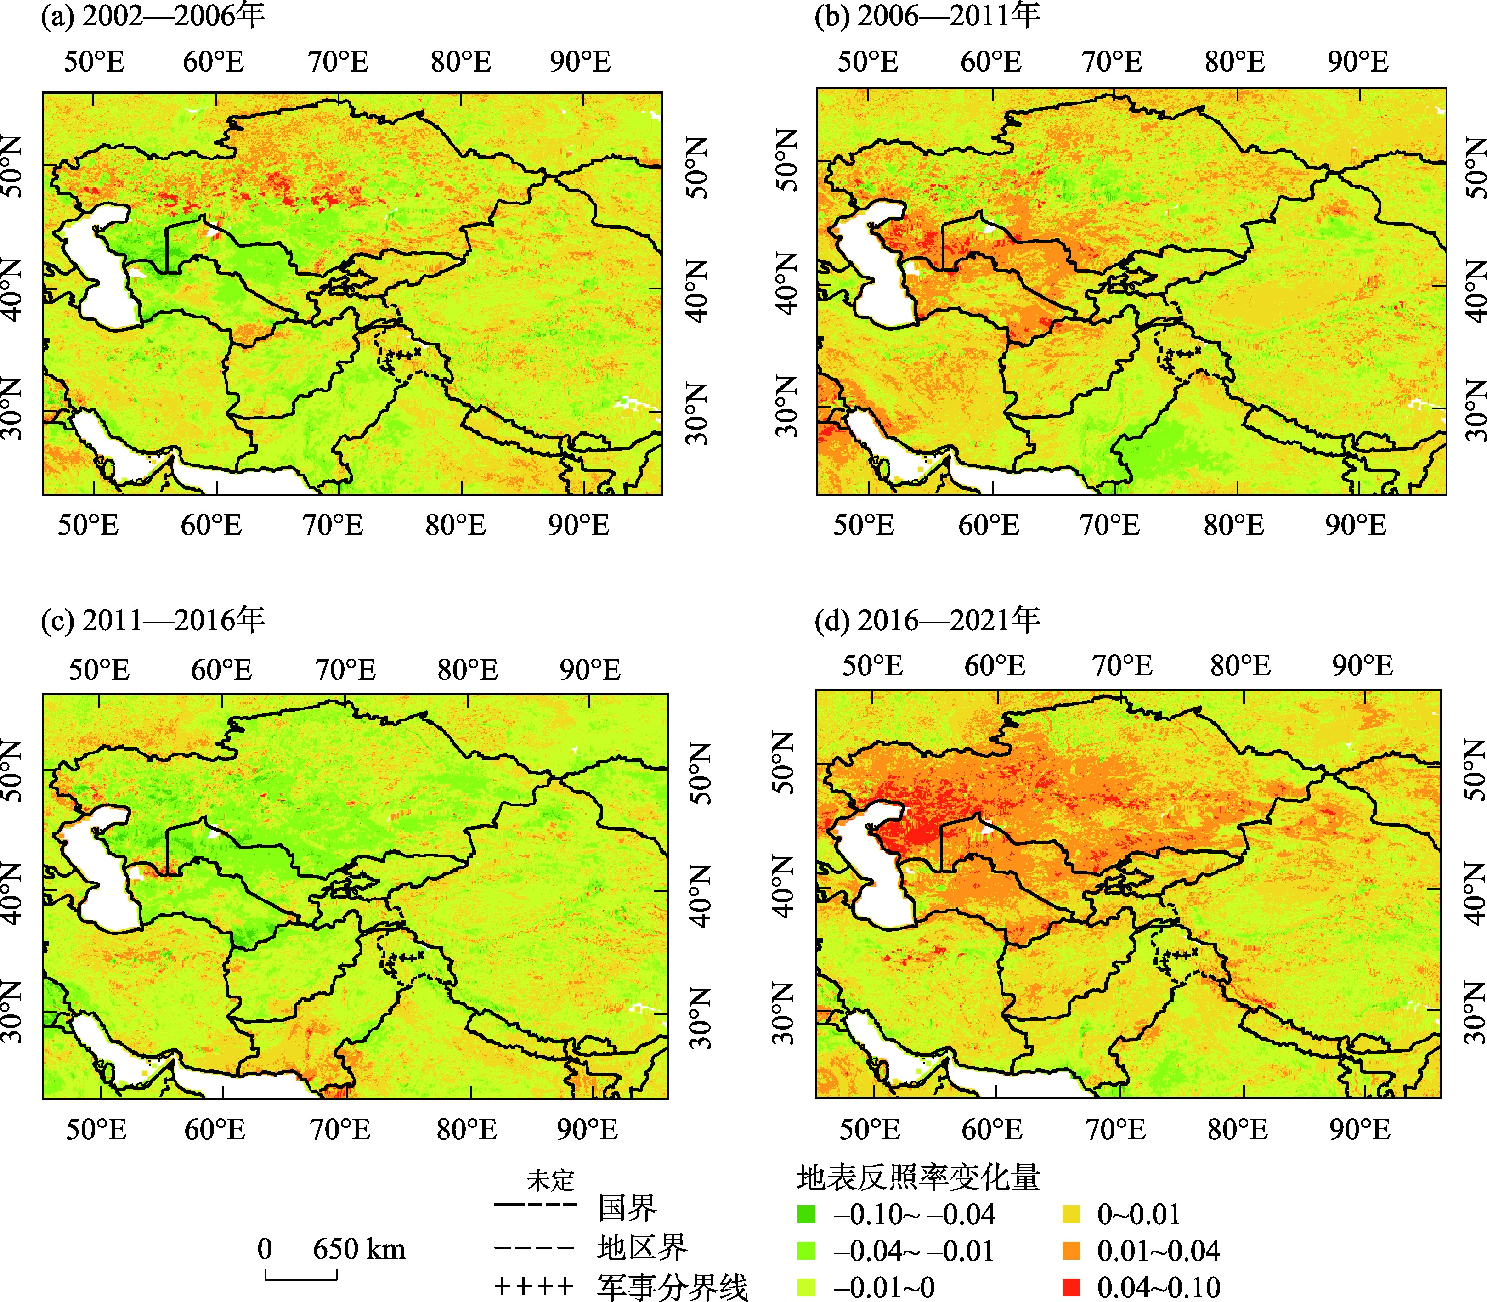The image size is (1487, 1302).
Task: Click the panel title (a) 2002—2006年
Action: point(153,16)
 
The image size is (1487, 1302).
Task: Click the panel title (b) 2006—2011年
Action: point(927,16)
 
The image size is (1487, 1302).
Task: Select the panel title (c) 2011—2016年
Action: point(153,620)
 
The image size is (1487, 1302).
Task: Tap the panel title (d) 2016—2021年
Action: point(927,620)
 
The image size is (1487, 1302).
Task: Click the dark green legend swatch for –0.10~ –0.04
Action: point(806,1214)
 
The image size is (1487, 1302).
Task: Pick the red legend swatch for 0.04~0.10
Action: point(1071,1287)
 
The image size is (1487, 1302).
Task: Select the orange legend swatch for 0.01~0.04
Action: point(1071,1251)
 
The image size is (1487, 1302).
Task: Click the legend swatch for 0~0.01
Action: point(1071,1214)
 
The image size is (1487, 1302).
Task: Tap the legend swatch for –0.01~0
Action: point(806,1287)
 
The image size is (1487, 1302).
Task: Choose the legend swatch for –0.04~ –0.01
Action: point(806,1251)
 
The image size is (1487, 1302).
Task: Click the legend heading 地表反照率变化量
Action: point(918,1177)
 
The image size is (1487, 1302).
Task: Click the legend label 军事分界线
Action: point(672,1286)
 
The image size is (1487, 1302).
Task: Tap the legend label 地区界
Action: point(642,1247)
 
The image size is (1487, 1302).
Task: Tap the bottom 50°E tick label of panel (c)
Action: point(96,1129)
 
